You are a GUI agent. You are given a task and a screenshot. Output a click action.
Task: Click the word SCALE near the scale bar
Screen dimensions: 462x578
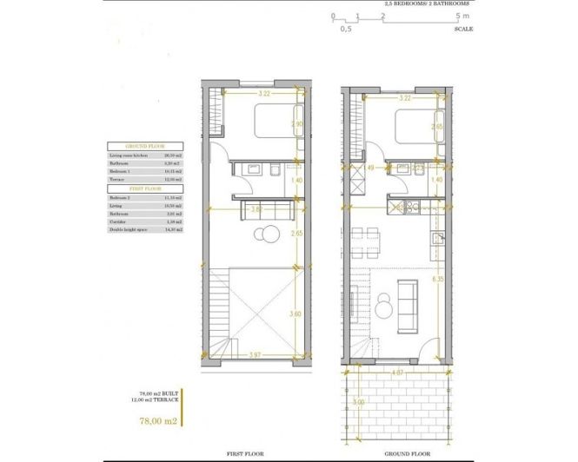pyautogui.click(x=463, y=29)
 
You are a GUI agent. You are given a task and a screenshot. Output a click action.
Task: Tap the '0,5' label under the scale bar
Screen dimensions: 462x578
pyautogui.click(x=345, y=29)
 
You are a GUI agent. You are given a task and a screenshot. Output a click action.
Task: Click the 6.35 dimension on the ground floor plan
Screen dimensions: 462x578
pyautogui.click(x=439, y=280)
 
